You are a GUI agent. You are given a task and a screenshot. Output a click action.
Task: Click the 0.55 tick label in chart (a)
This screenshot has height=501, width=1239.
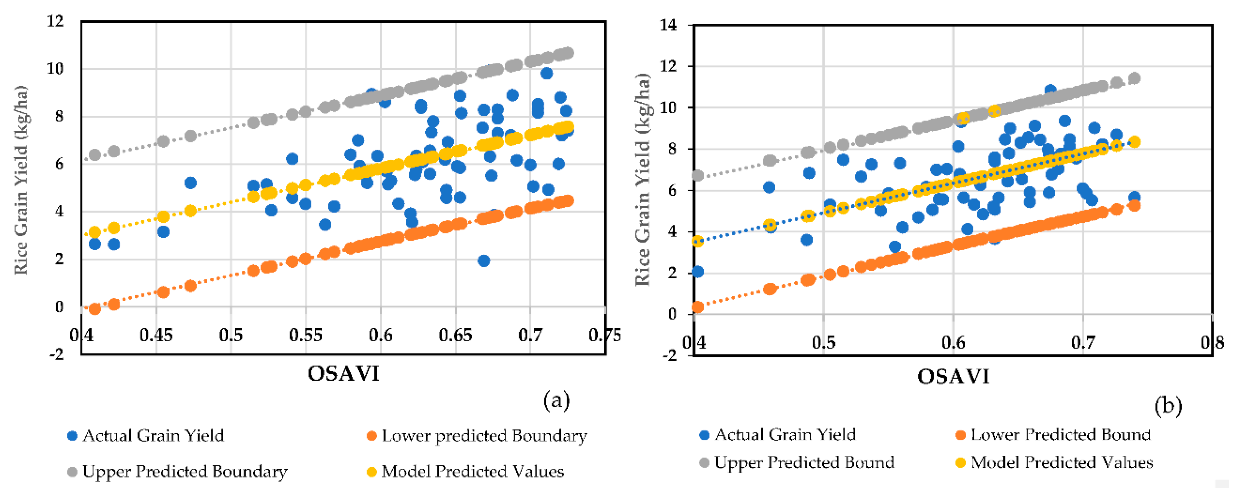[305, 335]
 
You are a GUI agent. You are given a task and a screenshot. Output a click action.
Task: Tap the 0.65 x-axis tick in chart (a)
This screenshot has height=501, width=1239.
[455, 335]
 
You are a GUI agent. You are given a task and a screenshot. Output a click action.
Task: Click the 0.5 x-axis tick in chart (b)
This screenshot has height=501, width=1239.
[823, 343]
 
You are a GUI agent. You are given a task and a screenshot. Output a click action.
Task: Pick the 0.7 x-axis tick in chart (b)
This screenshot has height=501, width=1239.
[1083, 343]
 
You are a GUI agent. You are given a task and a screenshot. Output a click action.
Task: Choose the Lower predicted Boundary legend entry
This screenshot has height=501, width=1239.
[484, 436]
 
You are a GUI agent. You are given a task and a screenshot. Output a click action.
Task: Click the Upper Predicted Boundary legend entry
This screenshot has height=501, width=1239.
[185, 472]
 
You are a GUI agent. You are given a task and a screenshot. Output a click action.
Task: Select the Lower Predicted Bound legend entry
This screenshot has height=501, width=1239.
[1060, 435]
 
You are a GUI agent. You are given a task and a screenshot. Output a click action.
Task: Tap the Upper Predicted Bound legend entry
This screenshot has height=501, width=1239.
[804, 463]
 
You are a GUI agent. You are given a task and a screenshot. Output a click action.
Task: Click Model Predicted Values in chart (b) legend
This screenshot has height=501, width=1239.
[1061, 463]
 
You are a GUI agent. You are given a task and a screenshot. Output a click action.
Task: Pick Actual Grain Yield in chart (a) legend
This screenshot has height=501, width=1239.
[153, 436]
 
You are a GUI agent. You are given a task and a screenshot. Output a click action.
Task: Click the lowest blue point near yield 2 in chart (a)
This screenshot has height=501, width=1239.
[484, 261]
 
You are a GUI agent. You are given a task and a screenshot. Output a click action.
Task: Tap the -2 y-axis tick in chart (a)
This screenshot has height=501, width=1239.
[57, 354]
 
